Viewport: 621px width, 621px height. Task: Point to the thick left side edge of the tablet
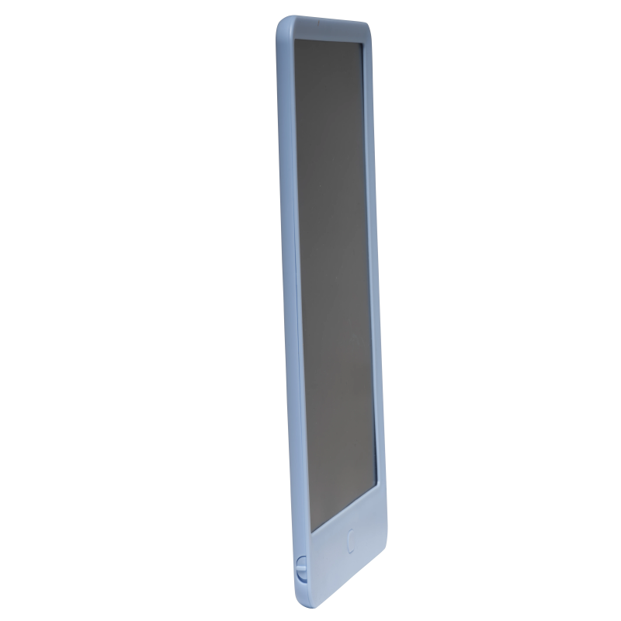[285, 310]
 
